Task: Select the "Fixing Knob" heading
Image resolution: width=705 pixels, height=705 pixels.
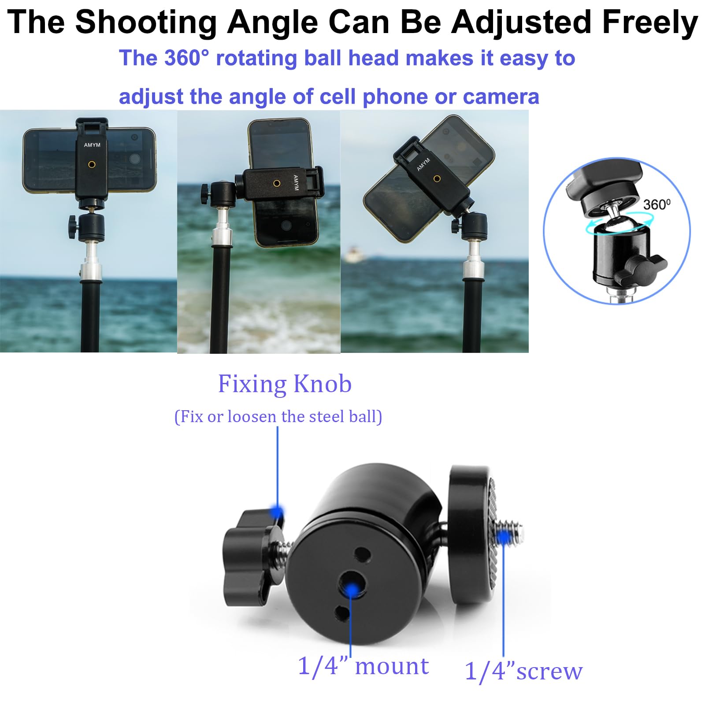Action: [x=285, y=384]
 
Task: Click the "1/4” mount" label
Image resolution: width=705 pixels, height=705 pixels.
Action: [x=363, y=666]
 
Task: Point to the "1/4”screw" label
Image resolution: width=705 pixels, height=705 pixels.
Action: [x=523, y=671]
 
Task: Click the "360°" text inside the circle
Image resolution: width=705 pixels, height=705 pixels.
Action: [x=657, y=204]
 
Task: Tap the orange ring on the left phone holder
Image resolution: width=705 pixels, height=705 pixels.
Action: [x=92, y=164]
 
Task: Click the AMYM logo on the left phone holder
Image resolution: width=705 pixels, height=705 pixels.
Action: [x=92, y=145]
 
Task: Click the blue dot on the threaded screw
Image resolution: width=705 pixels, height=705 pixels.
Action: [x=503, y=537]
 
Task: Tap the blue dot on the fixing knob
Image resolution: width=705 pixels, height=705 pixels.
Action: [x=277, y=512]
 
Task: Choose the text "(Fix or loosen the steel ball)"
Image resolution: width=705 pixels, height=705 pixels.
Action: [x=278, y=416]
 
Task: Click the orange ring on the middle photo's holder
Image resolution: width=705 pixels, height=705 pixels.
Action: [x=277, y=183]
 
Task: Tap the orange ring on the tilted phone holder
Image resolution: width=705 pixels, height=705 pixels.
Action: [x=437, y=178]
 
